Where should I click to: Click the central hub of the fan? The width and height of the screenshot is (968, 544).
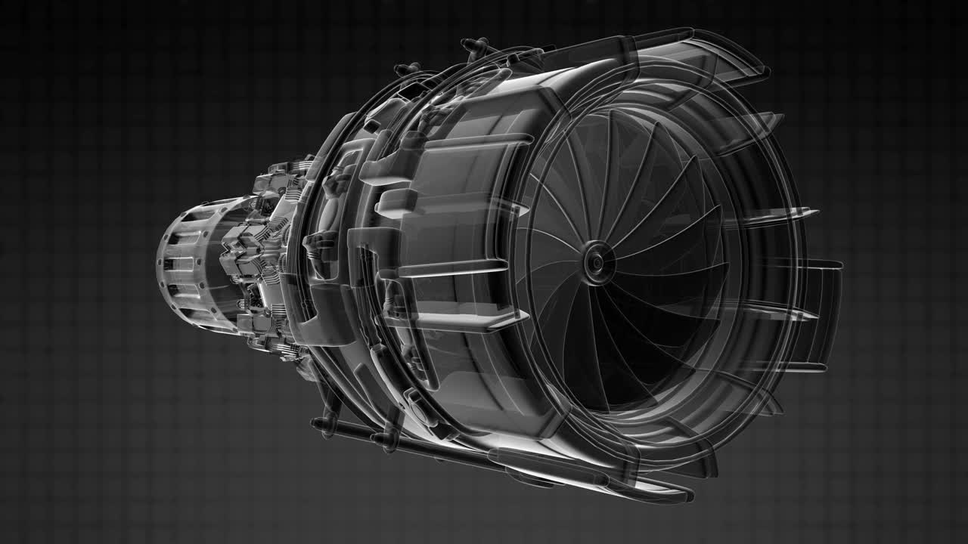(597, 261)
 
